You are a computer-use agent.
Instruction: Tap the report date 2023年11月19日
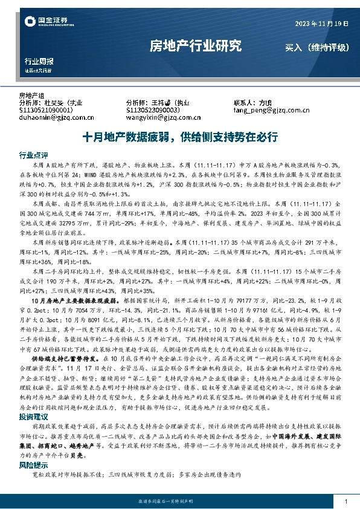[x=321, y=24]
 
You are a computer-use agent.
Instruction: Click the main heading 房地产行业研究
[x=195, y=46]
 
